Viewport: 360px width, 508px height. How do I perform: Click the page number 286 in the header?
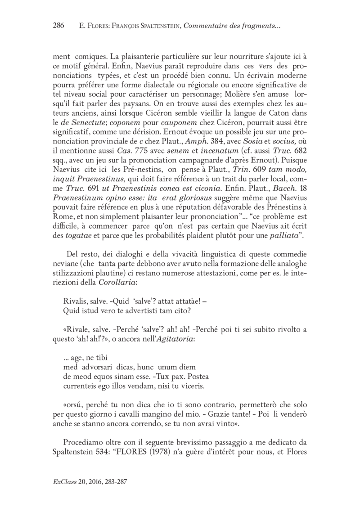(x=59, y=26)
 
